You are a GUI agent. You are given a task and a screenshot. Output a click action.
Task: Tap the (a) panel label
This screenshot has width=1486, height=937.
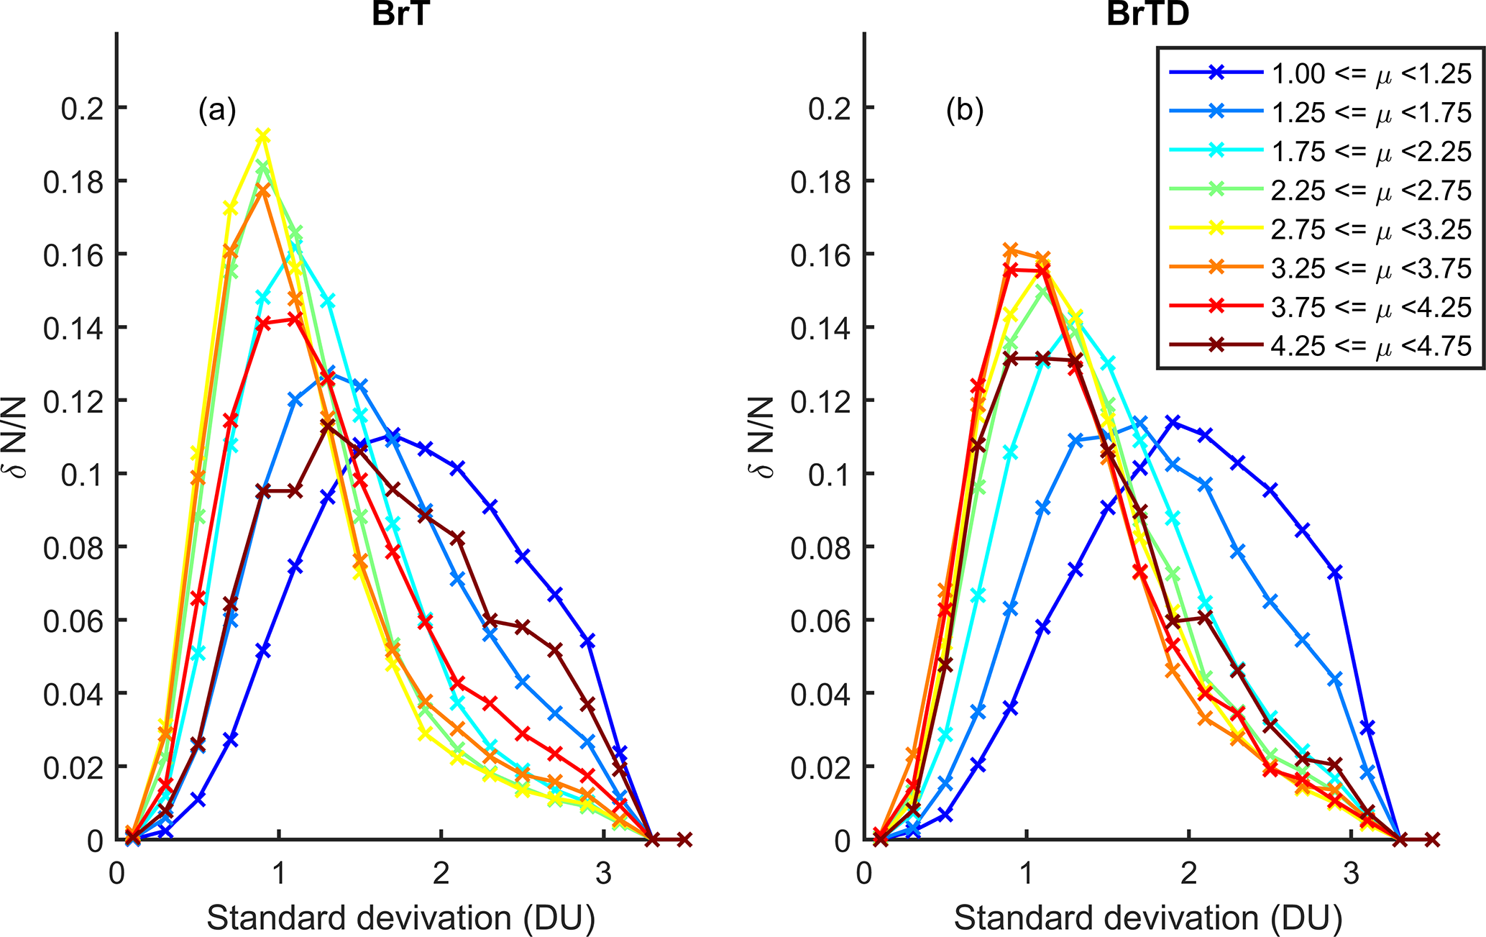(217, 111)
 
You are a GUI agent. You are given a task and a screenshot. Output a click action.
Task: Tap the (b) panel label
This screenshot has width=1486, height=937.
(965, 111)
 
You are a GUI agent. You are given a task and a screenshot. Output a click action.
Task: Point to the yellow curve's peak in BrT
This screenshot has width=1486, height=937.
(263, 136)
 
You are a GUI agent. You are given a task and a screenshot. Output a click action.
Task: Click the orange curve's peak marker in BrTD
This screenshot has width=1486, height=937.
(1010, 250)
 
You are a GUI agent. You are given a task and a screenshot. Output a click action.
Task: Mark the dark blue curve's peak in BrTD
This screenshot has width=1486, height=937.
(1173, 422)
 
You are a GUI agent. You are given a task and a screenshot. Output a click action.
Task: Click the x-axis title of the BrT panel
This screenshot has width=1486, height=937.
(400, 918)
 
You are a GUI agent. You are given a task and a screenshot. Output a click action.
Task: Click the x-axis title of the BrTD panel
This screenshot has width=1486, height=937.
(1147, 918)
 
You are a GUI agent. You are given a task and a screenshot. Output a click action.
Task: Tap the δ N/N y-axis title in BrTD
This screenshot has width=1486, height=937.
(763, 437)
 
